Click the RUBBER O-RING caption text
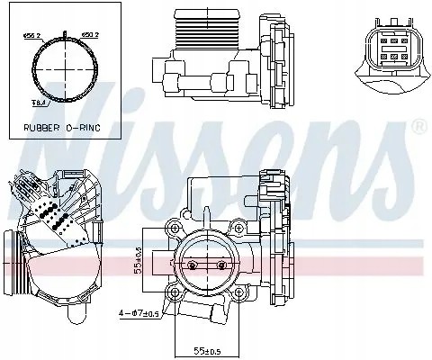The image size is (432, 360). point(60,128)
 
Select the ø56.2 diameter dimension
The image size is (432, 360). point(34,36)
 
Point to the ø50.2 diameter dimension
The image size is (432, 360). point(91,36)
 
